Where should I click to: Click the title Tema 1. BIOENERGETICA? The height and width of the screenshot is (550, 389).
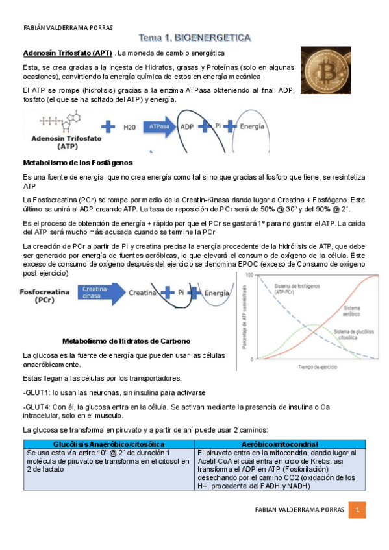[194, 38]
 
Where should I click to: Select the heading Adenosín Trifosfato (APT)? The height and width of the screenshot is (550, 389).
[68, 53]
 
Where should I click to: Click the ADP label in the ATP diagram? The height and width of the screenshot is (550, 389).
[187, 127]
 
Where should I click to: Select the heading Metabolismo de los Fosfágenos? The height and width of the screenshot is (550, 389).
[77, 161]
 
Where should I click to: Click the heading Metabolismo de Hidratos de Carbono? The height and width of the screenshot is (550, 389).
[126, 341]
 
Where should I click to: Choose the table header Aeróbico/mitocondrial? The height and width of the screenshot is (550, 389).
[276, 443]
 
